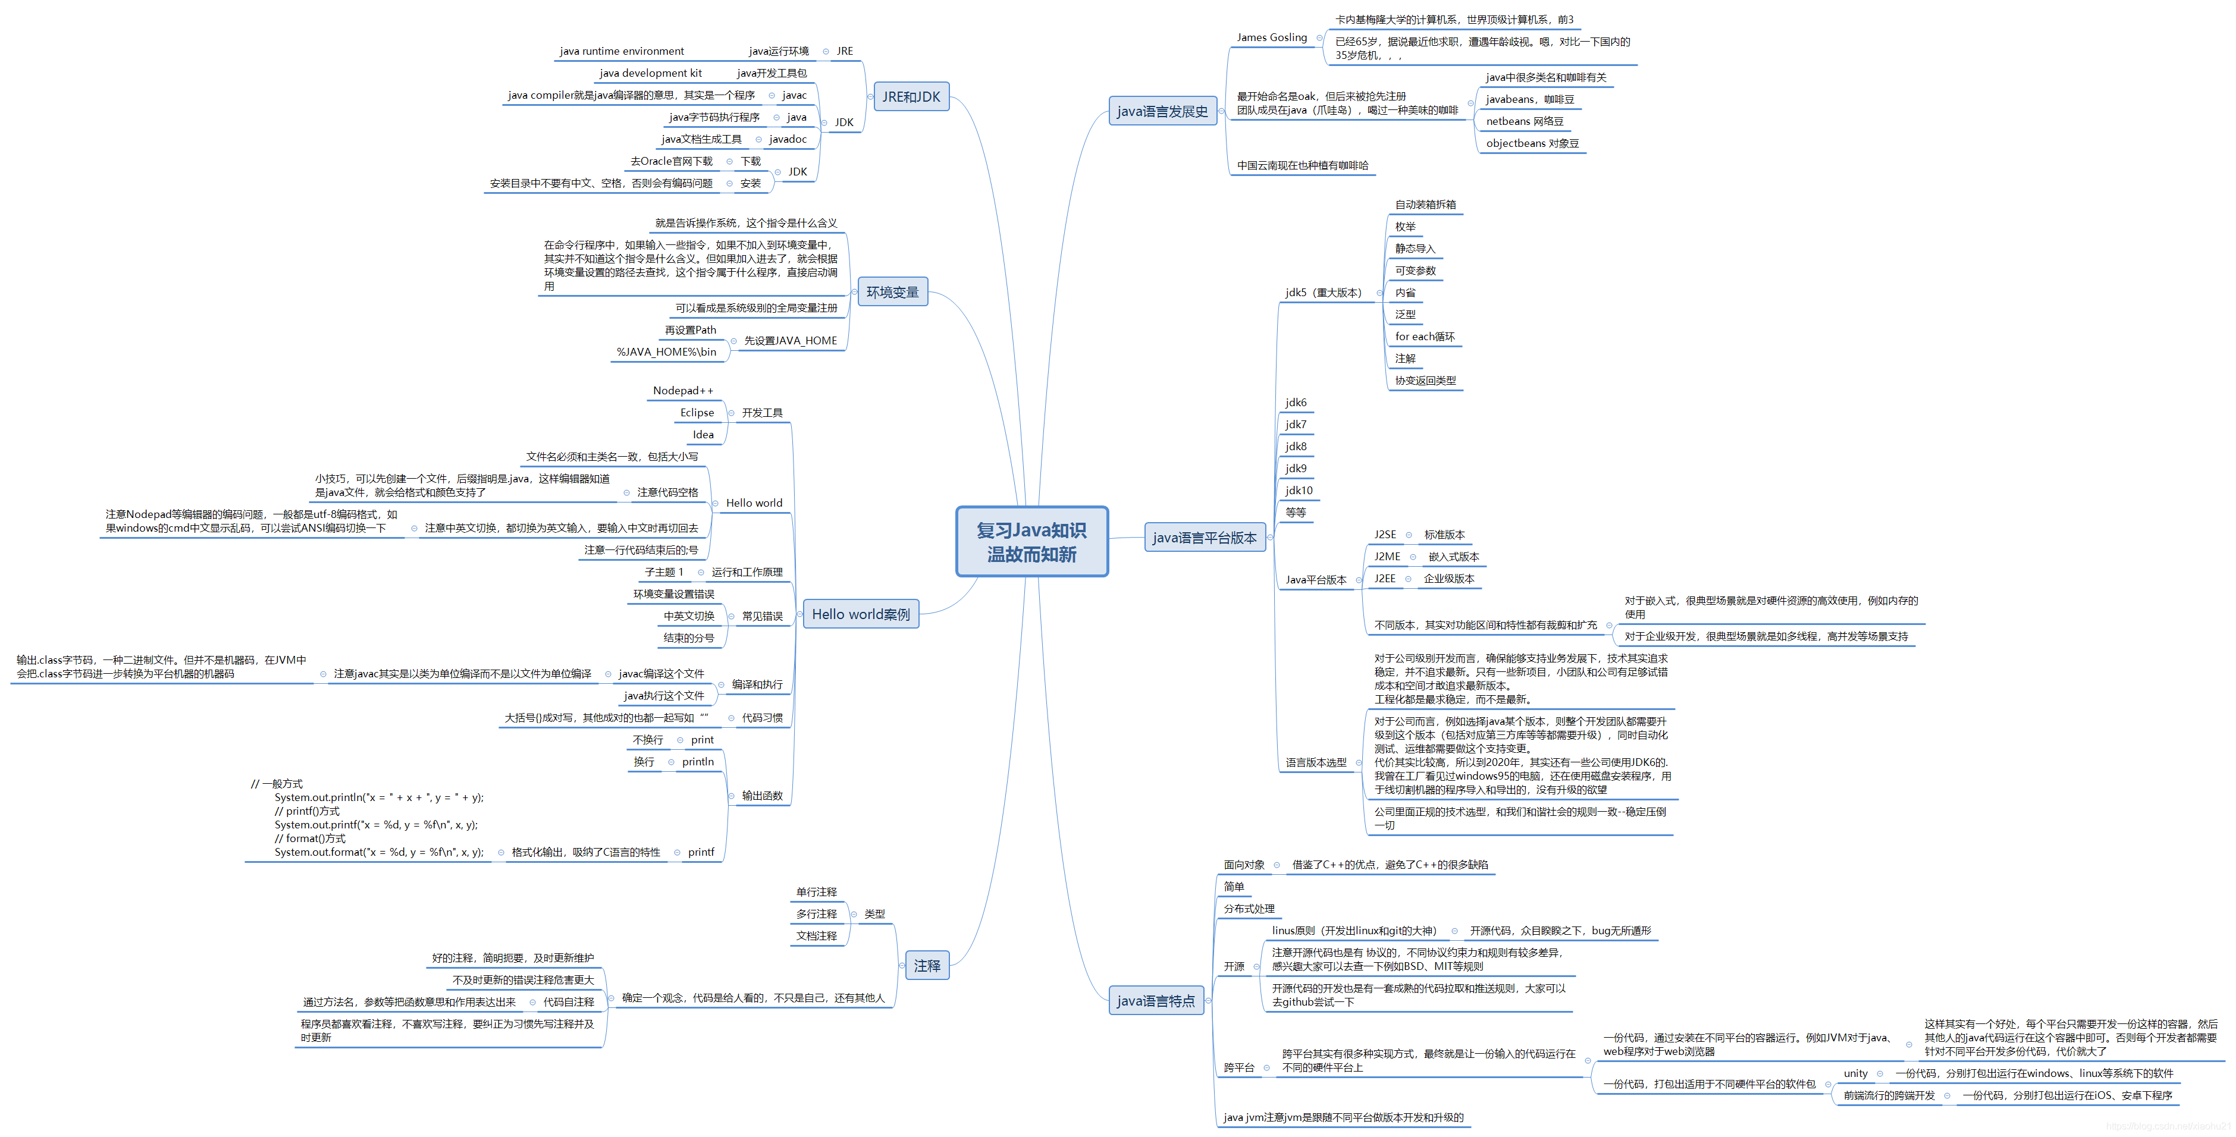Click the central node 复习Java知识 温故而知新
(1031, 542)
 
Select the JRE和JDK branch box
(911, 96)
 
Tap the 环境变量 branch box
(892, 291)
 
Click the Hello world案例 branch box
(860, 614)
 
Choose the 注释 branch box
(926, 965)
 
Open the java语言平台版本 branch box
(1204, 537)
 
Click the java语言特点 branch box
(1155, 1001)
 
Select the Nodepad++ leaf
(682, 391)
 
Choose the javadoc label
(788, 139)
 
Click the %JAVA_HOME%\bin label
(666, 351)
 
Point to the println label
(697, 761)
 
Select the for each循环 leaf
(1425, 336)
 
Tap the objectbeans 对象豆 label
(1532, 143)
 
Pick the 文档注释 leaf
(816, 935)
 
